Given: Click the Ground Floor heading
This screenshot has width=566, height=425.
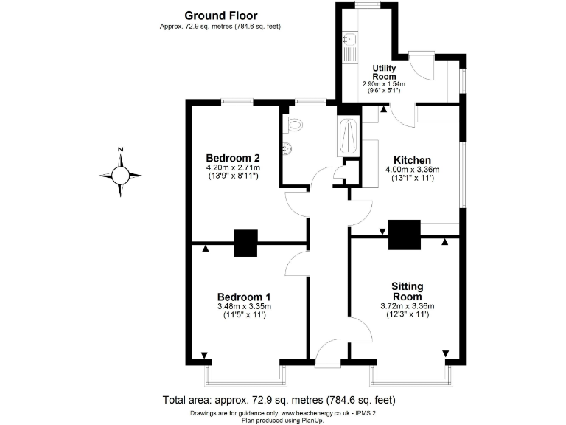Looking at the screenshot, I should pyautogui.click(x=220, y=15).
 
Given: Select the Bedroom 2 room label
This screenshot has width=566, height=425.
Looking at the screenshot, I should pyautogui.click(x=232, y=158).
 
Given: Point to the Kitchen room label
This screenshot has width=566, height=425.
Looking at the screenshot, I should pyautogui.click(x=412, y=160).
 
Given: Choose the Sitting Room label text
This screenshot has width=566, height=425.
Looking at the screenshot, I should pyautogui.click(x=408, y=291).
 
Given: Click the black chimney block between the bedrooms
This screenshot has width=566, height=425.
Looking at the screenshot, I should pyautogui.click(x=245, y=243).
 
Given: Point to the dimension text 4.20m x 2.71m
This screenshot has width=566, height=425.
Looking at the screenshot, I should pyautogui.click(x=232, y=168).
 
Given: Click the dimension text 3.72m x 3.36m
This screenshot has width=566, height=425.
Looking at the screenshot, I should pyautogui.click(x=408, y=306).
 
